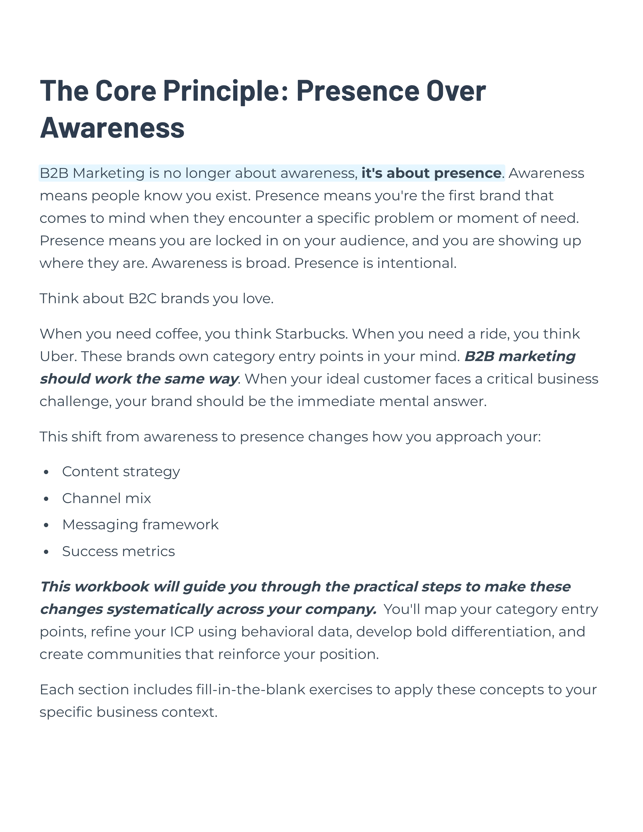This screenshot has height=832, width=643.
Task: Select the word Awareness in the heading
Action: pos(112,128)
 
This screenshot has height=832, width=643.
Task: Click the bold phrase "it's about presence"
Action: pos(431,173)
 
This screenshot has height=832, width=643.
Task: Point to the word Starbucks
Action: pos(311,334)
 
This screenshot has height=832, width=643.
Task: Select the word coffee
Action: pos(178,334)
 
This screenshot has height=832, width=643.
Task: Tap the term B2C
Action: pos(143,298)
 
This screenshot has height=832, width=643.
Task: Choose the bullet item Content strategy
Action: pos(121,472)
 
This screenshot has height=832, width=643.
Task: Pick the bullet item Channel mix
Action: pos(106,498)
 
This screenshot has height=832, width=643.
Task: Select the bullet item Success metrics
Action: pos(118,551)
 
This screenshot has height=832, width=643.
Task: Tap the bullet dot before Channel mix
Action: pos(46,499)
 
